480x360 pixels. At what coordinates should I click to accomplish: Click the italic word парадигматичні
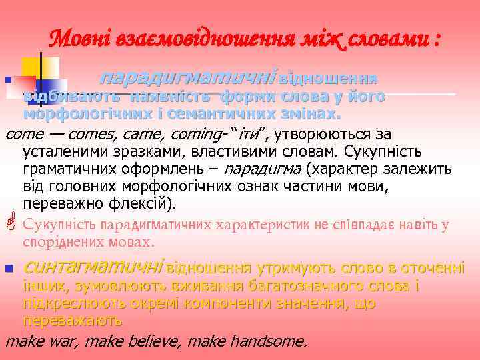coord(187,79)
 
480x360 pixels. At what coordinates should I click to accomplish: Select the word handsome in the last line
coord(273,343)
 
